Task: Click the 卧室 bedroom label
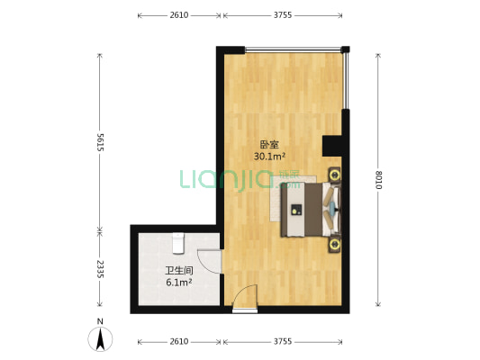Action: pyautogui.click(x=269, y=144)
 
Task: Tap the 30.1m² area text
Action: pyautogui.click(x=269, y=157)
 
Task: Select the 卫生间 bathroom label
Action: pyautogui.click(x=179, y=271)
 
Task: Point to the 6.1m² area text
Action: pyautogui.click(x=179, y=283)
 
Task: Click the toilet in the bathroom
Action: pyautogui.click(x=178, y=243)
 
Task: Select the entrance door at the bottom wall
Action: pyautogui.click(x=245, y=298)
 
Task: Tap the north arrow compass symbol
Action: pyautogui.click(x=100, y=339)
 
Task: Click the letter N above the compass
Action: pyautogui.click(x=100, y=321)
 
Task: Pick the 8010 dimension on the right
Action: pyautogui.click(x=378, y=180)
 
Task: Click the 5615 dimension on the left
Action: pyautogui.click(x=100, y=141)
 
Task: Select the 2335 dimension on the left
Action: pyautogui.click(x=100, y=269)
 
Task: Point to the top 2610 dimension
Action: pyautogui.click(x=179, y=15)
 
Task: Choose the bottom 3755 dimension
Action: pyautogui.click(x=283, y=341)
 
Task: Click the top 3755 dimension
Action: pyautogui.click(x=283, y=15)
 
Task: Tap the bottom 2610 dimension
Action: pyautogui.click(x=179, y=341)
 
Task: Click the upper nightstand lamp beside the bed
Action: pyautogui.click(x=334, y=175)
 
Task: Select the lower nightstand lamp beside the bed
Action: pyautogui.click(x=334, y=245)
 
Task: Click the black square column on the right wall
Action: pyautogui.click(x=331, y=146)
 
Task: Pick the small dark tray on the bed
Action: pyautogui.click(x=296, y=210)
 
